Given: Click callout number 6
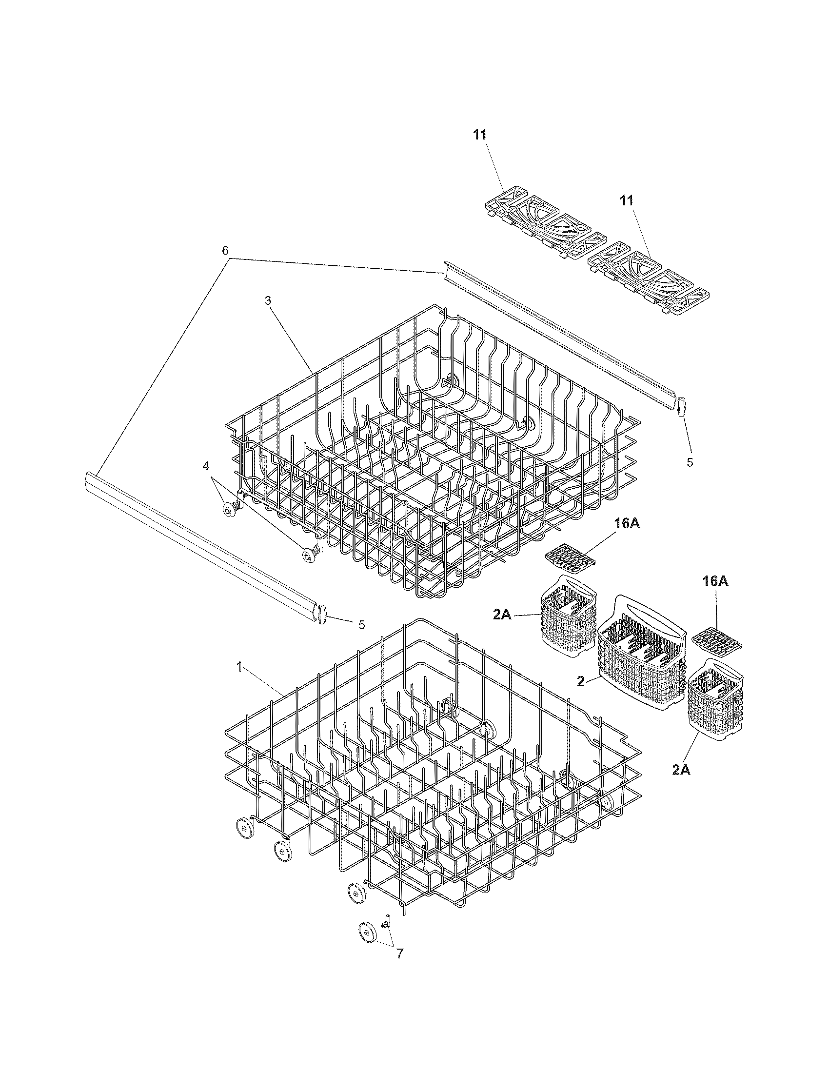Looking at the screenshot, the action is tap(225, 251).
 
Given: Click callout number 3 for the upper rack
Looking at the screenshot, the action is tap(268, 300).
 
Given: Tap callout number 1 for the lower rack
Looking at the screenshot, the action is tap(239, 667).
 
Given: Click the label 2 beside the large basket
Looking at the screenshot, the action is tap(581, 682).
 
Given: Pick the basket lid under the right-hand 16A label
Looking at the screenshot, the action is tap(716, 641).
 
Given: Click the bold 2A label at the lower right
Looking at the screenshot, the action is tap(681, 770).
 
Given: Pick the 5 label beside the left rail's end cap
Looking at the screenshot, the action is tap(361, 624).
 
